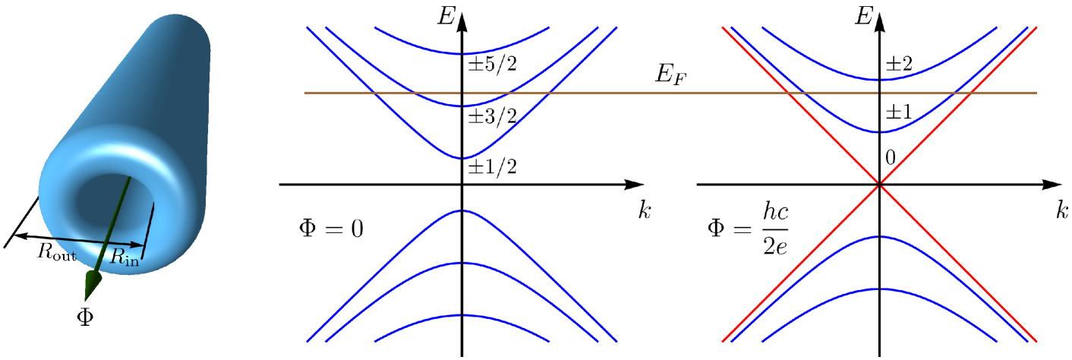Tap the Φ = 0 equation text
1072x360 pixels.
(328, 228)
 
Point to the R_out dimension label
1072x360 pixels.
(58, 254)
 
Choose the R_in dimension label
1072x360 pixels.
(125, 257)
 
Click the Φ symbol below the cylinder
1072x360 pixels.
(86, 315)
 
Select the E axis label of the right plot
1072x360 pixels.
(862, 14)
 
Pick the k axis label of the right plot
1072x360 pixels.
(1061, 210)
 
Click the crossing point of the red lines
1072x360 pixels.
(879, 184)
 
